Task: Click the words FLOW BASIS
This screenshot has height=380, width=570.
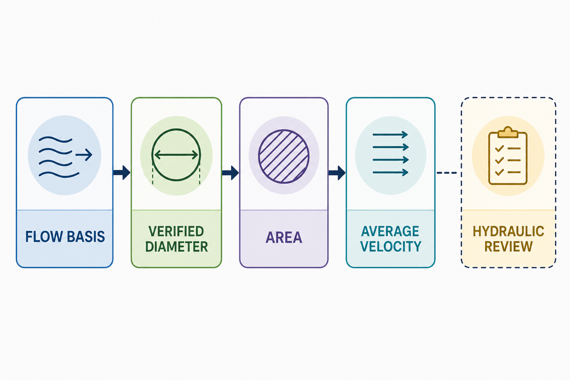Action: (x=65, y=237)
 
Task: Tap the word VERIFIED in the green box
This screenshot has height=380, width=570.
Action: (x=176, y=231)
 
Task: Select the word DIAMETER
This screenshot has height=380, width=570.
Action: (x=176, y=247)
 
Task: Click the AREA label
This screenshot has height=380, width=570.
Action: (x=284, y=237)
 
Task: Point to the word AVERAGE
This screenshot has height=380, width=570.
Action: (x=390, y=231)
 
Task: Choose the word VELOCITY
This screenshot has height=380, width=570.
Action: (x=391, y=247)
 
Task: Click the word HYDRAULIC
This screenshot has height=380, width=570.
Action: (x=508, y=231)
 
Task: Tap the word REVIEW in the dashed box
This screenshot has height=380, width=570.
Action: (x=508, y=247)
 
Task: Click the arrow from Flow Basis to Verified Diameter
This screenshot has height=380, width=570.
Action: (x=122, y=172)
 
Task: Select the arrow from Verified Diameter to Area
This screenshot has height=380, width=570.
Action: (x=230, y=172)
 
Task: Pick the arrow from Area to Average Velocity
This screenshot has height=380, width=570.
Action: (x=337, y=172)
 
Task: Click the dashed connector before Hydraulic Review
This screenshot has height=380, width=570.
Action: (x=447, y=173)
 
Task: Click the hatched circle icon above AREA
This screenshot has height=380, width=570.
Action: (x=284, y=156)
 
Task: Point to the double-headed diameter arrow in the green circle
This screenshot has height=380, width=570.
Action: (x=176, y=154)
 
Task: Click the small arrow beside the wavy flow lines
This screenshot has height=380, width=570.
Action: (x=84, y=155)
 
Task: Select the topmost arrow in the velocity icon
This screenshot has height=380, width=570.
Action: (x=390, y=134)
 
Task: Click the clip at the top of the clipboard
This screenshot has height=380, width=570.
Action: (x=508, y=133)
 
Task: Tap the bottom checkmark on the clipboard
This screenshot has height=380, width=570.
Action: (x=499, y=172)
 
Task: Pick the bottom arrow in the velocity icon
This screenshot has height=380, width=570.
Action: (x=390, y=172)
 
